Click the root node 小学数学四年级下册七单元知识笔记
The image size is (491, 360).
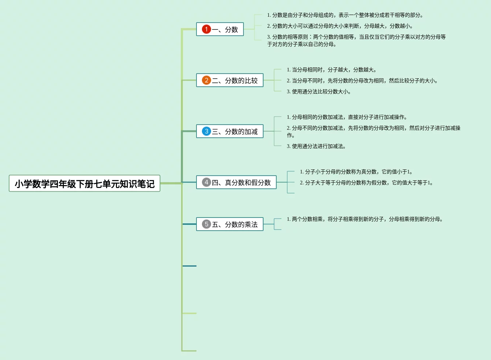tap(85, 183)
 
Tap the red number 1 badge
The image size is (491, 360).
tap(206, 29)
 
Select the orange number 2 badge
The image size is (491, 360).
tap(206, 80)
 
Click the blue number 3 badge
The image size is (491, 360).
tap(206, 131)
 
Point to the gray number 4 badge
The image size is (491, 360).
tap(206, 182)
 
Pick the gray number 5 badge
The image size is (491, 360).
tap(206, 224)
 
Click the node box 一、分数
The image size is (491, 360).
tap(220, 29)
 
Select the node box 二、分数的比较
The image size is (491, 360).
tap(230, 80)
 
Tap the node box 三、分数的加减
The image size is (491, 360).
tap(230, 131)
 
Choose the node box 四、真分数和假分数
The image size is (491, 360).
tap(236, 182)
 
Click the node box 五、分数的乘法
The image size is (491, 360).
tap(230, 224)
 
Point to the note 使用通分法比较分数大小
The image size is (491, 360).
tap(319, 91)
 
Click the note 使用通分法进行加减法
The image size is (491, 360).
tap(316, 146)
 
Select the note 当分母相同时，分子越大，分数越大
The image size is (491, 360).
tap(331, 70)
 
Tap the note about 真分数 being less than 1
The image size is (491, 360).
tap(356, 172)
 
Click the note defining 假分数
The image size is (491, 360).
tap(366, 183)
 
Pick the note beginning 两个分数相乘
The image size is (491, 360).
tap(365, 219)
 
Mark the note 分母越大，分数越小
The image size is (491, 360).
tap(340, 26)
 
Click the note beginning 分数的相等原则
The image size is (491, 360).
tap(356, 40)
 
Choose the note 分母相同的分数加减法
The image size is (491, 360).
tap(347, 117)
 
